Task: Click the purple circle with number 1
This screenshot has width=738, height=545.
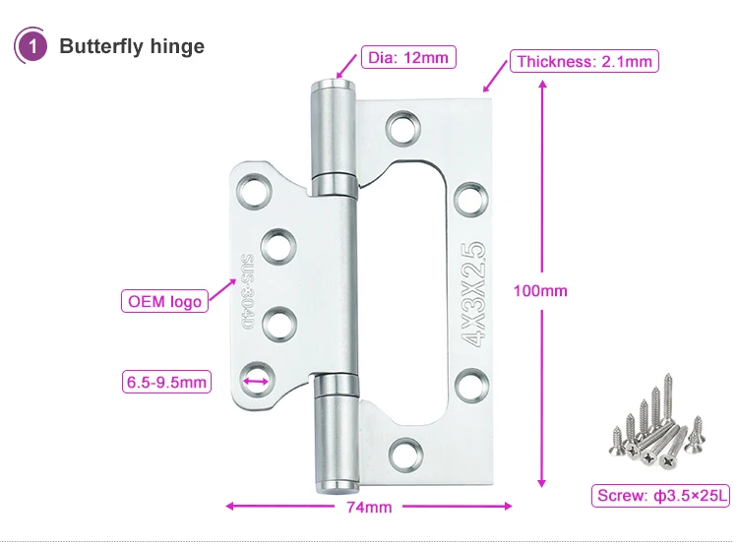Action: tap(32, 46)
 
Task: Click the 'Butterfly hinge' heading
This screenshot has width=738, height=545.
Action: tap(132, 46)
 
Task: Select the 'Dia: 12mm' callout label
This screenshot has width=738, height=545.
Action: tap(407, 57)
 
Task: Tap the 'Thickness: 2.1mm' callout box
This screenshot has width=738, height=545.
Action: tap(584, 61)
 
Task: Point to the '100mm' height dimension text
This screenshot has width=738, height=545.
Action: tap(541, 290)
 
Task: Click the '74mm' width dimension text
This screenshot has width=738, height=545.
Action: tap(369, 508)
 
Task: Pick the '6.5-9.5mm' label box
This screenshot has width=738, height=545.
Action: tap(166, 380)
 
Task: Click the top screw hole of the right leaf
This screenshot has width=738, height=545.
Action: tap(400, 127)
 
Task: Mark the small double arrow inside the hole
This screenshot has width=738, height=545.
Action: tap(255, 378)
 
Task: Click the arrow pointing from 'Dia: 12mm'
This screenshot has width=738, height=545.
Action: tap(347, 68)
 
